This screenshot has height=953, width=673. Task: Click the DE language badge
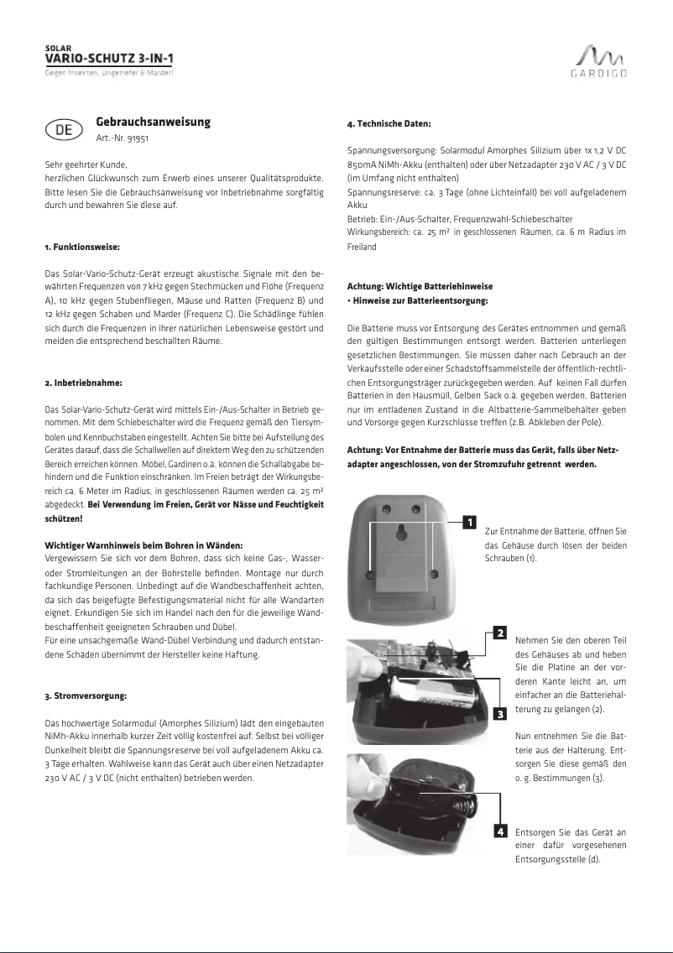pos(63,130)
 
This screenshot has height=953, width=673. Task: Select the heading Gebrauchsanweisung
pos(153,122)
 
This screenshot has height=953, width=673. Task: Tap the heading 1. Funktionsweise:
pos(82,247)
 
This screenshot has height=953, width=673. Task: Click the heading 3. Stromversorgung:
pos(86,696)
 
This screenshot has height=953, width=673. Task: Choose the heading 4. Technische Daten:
pos(389,124)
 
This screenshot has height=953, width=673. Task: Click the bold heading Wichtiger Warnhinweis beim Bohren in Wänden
pos(143,545)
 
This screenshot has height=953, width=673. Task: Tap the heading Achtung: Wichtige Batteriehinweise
pos(420,287)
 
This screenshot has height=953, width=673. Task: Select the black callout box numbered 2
pos(499,632)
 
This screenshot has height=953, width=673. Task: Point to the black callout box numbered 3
pos(499,714)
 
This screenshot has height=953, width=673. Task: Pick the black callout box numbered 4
pos(499,831)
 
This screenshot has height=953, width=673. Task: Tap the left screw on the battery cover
pos(371,573)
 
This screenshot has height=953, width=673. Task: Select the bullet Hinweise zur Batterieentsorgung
pos(420,300)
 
